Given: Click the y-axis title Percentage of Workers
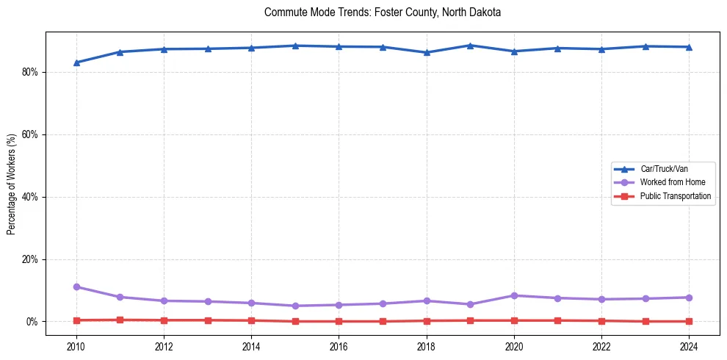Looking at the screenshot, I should click(x=12, y=184).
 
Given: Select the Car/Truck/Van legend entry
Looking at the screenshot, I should click(x=664, y=169).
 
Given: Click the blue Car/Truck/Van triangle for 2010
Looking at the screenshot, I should click(x=76, y=62).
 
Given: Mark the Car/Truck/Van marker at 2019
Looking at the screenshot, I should click(x=470, y=46).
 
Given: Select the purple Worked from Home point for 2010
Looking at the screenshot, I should click(x=76, y=287).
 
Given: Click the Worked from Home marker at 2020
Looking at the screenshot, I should click(x=514, y=295).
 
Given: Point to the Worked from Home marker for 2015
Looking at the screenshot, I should click(x=295, y=306).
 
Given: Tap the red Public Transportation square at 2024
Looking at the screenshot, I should click(x=689, y=321).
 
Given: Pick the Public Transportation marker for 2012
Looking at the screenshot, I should click(x=164, y=320).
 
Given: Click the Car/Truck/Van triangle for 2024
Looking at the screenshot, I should click(x=689, y=47).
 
